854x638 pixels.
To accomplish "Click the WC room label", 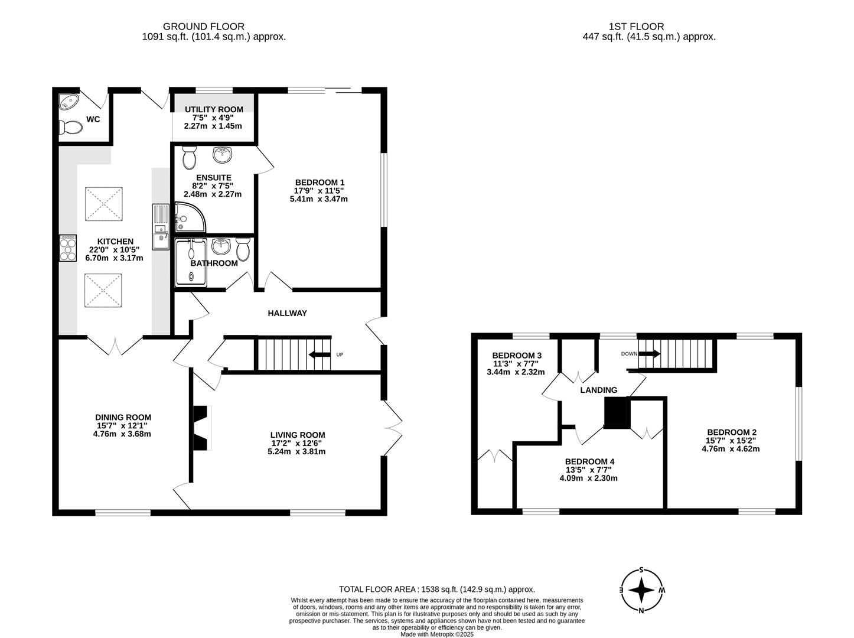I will tap(93, 119).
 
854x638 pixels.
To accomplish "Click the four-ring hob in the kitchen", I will tap(68, 248).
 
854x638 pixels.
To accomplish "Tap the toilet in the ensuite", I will tap(190, 158).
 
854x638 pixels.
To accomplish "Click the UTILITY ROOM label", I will tap(213, 109).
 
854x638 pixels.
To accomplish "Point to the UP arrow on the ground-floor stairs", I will tap(320, 354).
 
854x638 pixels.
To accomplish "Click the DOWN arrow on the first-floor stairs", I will tap(648, 354).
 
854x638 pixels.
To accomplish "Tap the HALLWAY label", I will tap(287, 313).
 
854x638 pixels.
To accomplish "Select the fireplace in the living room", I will tap(203, 428).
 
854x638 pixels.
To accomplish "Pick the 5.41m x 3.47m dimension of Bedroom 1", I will tap(318, 199).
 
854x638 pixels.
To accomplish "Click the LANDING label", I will tap(598, 390).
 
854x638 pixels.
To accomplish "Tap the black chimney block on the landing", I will tap(616, 412).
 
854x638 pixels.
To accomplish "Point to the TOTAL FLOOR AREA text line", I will tap(436, 589).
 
